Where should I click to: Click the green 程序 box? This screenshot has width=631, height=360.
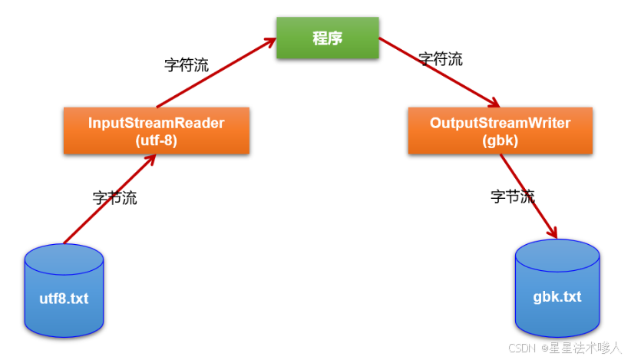(x=328, y=38)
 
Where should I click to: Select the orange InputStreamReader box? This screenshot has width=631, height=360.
(x=157, y=130)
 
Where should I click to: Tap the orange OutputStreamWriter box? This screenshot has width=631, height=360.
(x=501, y=130)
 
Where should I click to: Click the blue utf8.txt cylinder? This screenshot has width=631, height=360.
(x=64, y=292)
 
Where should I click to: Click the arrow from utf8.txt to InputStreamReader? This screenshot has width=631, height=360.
(x=111, y=199)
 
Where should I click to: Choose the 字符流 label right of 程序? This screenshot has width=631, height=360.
(x=441, y=59)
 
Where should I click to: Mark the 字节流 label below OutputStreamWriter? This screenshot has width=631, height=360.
(x=512, y=196)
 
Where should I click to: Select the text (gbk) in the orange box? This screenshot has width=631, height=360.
(x=501, y=140)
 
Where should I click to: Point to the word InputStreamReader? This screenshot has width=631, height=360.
(x=157, y=123)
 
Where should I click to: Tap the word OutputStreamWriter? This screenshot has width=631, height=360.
(x=501, y=123)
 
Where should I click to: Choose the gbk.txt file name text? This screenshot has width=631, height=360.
(x=557, y=296)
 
